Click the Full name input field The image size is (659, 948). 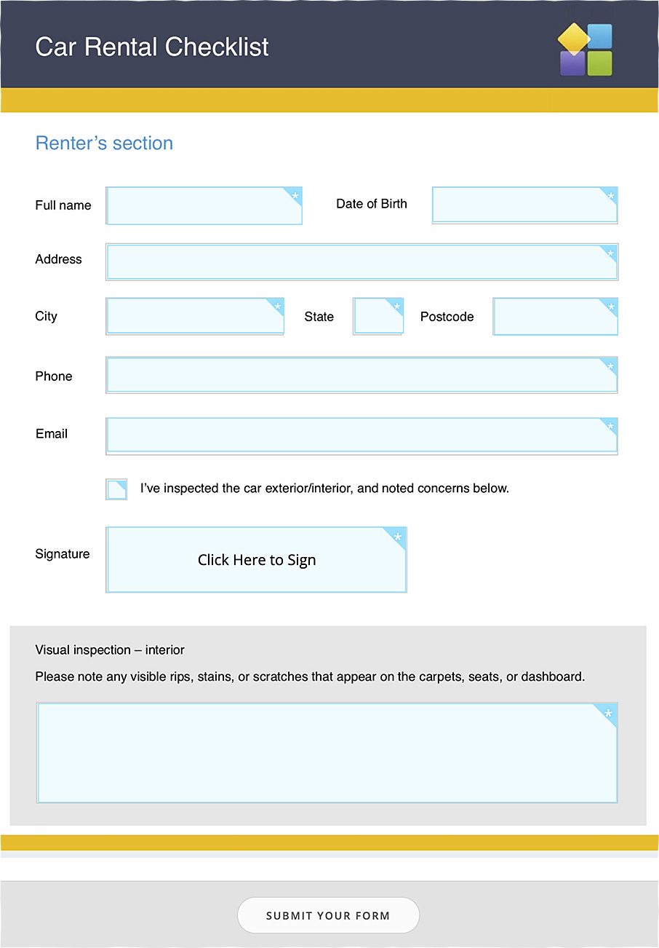204,205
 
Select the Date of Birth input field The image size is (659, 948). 524,205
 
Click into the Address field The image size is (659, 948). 362,262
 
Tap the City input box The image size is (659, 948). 195,316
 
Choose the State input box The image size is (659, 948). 378,316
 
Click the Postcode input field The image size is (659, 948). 555,316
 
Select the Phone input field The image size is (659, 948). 362,375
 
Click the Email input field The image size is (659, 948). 362,435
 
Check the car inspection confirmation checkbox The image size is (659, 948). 116,489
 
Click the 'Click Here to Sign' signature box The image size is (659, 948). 256,560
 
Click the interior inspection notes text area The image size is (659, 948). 327,753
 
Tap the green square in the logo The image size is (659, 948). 600,63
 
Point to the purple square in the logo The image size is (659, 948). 572,65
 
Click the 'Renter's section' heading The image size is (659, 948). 104,143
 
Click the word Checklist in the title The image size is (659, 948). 217,47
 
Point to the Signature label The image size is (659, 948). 63,554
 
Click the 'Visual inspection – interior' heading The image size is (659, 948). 110,650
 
